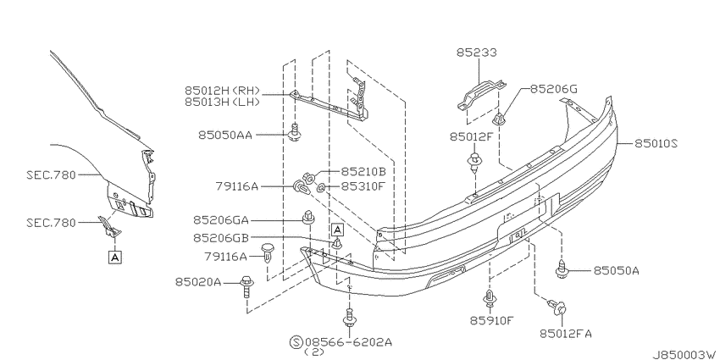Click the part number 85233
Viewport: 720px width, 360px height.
[477, 53]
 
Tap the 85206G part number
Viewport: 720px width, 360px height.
[554, 89]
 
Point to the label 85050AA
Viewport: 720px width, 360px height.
[225, 135]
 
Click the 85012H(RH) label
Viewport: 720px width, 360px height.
[222, 90]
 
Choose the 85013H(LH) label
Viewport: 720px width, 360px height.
[222, 102]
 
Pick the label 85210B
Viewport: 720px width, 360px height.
[363, 172]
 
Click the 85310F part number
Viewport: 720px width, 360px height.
[363, 186]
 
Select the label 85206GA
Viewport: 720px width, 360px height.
[221, 220]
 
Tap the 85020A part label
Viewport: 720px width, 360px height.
[198, 282]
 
